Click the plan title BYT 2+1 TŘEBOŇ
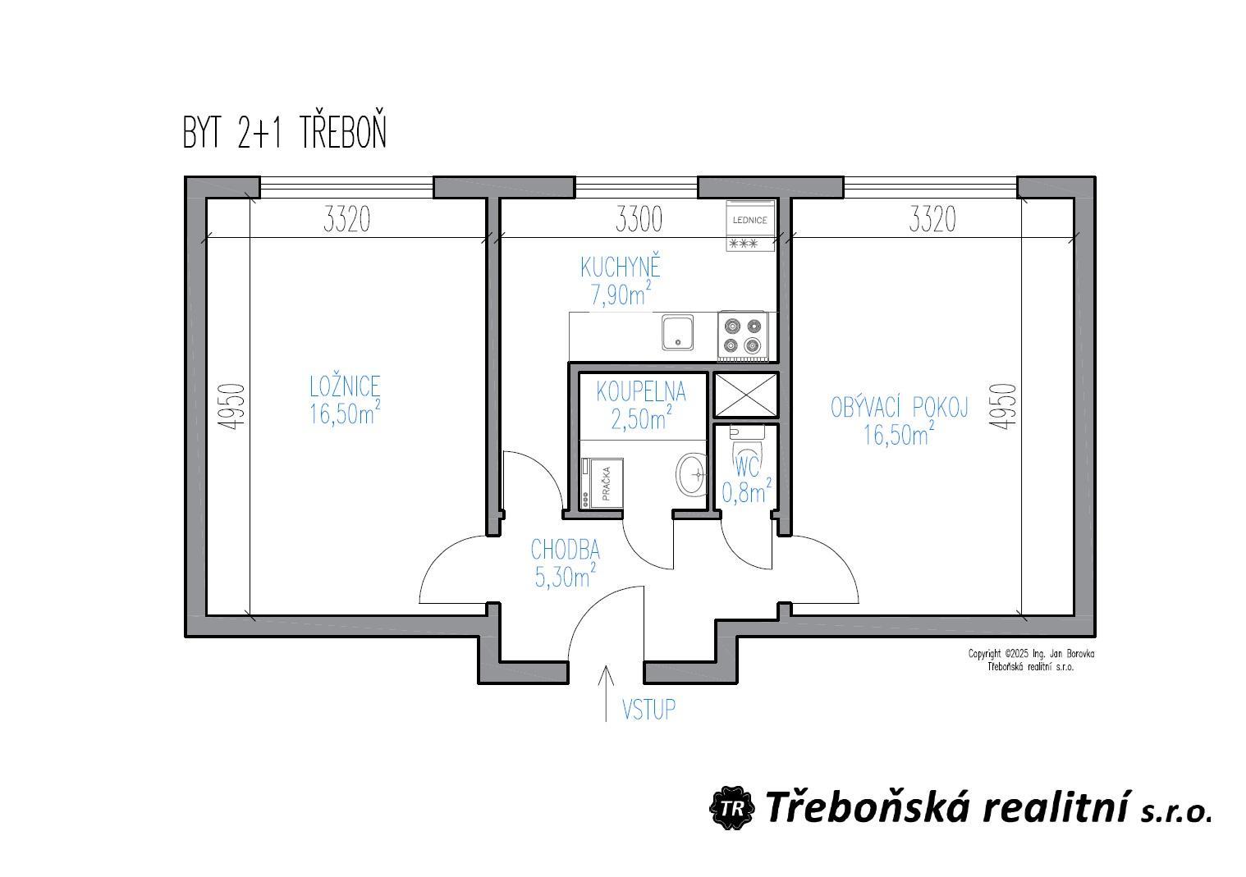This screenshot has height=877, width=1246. tap(284, 132)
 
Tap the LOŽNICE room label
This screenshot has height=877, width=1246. tap(345, 386)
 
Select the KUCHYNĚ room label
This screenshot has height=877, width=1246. tap(621, 267)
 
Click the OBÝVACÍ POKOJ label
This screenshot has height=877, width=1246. tap(899, 408)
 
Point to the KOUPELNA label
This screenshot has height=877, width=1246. tap(641, 392)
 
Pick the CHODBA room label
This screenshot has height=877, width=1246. tap(566, 550)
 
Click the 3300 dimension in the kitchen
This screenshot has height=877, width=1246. tap(639, 220)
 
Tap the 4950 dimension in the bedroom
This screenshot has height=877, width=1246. tap(231, 407)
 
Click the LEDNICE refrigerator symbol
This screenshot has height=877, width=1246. tap(750, 226)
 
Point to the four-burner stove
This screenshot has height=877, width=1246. tap(743, 336)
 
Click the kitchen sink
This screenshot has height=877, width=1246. tap(677, 332)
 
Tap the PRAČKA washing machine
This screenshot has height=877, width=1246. tap(602, 483)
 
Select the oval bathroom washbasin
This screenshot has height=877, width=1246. tap(690, 474)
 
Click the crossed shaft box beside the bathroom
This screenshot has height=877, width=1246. tap(745, 395)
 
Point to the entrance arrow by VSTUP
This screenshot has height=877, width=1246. tap(606, 693)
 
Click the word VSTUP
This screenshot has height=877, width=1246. tap(648, 710)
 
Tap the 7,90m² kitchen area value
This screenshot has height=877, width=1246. tap(621, 295)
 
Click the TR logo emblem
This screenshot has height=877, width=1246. tap(731, 808)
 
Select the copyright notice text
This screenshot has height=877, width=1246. tap(1031, 660)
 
